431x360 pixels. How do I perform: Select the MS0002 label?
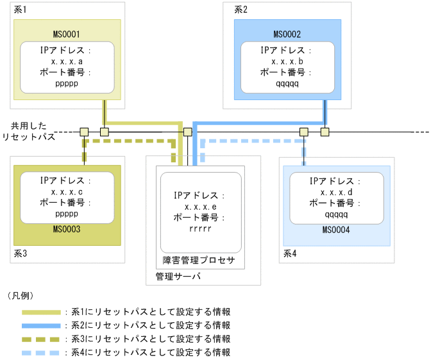pyautogui.click(x=287, y=34)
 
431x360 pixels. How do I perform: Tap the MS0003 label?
pyautogui.click(x=67, y=228)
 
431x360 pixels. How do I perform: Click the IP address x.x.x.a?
pyautogui.click(x=67, y=61)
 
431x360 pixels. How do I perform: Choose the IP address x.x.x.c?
pyautogui.click(x=67, y=192)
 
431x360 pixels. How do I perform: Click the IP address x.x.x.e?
pyautogui.click(x=200, y=206)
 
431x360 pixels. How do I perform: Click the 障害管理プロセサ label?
pyautogui.click(x=200, y=260)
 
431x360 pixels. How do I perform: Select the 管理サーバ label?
pyautogui.click(x=178, y=276)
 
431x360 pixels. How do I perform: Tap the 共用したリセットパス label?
pyautogui.click(x=28, y=132)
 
